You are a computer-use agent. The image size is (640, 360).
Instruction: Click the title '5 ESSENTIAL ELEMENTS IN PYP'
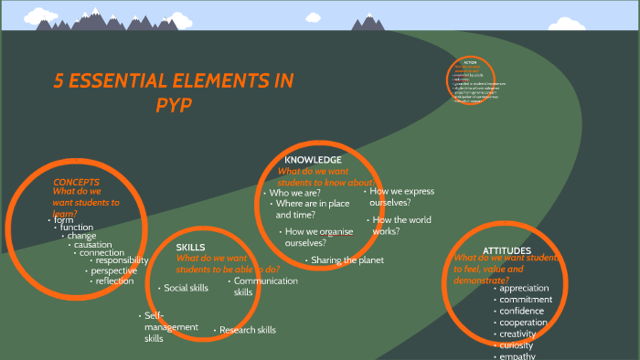tap(174, 91)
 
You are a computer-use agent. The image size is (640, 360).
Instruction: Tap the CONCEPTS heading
tap(76, 182)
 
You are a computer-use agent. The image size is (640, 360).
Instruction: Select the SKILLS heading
tap(190, 248)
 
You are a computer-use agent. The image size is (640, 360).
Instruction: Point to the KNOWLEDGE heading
tap(313, 160)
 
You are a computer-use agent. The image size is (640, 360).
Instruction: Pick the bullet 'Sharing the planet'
tap(347, 260)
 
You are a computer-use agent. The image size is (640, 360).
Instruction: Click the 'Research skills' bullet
tap(248, 330)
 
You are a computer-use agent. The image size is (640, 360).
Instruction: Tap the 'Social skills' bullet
tap(187, 288)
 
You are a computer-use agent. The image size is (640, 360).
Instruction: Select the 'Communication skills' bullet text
tap(265, 286)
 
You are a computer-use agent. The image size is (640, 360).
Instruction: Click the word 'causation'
tap(93, 245)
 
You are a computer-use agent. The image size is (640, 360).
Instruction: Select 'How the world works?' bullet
tap(401, 226)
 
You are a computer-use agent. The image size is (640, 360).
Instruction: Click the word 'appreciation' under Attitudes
tap(525, 289)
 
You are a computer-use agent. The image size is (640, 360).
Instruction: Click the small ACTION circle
tap(470, 84)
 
